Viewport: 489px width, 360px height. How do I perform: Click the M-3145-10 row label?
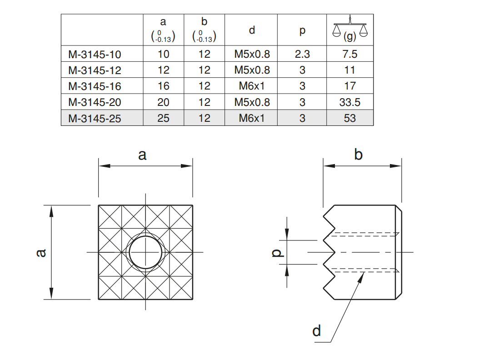tap(95, 54)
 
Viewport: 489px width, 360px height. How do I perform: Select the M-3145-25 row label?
tap(95, 119)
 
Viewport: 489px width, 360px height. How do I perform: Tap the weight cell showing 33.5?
tap(349, 102)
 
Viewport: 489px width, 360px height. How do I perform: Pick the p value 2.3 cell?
tap(302, 54)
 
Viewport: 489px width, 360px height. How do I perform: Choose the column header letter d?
tap(252, 30)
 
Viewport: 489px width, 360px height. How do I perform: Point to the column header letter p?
tap(302, 31)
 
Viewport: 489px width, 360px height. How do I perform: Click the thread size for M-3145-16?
tap(252, 86)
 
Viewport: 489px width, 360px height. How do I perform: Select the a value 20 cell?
tap(163, 102)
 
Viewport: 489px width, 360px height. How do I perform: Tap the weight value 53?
tap(349, 118)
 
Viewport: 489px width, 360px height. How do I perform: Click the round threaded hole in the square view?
tap(145, 252)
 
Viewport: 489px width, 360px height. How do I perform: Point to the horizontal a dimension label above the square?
tap(142, 155)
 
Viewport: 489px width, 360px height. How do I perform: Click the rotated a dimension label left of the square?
tap(41, 253)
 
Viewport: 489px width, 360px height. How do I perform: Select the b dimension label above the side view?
tap(358, 154)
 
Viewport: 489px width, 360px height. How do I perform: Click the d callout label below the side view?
tap(317, 330)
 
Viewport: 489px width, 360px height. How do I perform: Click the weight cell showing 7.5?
tap(349, 54)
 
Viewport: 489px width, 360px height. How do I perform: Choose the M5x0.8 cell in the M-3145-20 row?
tap(252, 102)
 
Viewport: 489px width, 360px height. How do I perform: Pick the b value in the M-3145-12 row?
tap(204, 70)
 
